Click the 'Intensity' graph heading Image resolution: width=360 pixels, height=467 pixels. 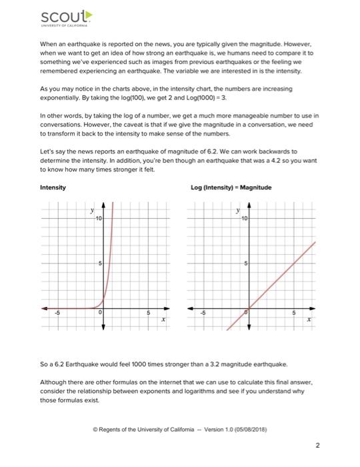(x=53, y=187)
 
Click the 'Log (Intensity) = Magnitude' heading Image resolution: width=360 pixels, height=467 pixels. (x=231, y=187)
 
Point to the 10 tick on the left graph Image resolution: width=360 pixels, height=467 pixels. (x=97, y=219)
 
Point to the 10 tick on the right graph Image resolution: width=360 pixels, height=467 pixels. (x=245, y=219)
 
